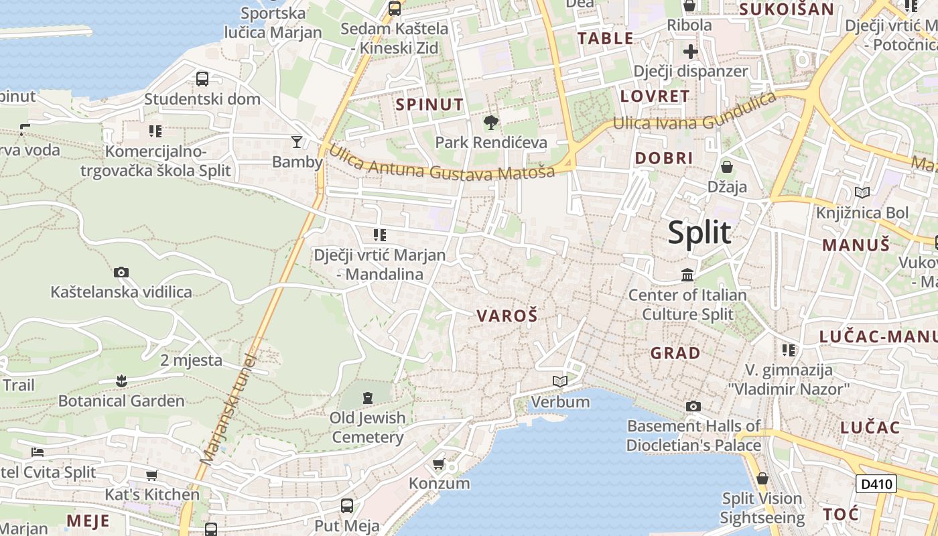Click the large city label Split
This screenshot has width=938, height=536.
tap(699, 232)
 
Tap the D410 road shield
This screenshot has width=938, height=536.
tap(876, 484)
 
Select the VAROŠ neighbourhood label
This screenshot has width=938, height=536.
tap(507, 316)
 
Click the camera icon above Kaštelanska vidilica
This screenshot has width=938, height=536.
tap(121, 272)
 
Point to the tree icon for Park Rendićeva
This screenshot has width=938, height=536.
tap(491, 123)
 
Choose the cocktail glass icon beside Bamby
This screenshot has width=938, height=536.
tap(297, 141)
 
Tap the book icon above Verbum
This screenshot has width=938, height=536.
tap(560, 381)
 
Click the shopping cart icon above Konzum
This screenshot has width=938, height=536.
tap(439, 464)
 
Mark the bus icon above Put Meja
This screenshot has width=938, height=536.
tap(347, 505)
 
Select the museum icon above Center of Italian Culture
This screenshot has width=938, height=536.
tap(687, 275)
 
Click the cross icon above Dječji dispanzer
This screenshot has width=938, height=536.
tap(691, 52)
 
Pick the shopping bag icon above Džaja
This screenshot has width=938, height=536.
tap(727, 167)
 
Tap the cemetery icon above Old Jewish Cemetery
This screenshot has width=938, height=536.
tap(367, 398)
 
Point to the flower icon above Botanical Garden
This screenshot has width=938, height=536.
tap(121, 381)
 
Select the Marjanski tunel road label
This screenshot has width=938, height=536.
tap(228, 409)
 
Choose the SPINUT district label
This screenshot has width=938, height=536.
tap(429, 105)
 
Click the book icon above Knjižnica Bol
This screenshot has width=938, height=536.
tap(862, 193)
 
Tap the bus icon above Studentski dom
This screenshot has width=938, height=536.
tap(202, 79)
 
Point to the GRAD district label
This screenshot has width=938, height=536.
tap(675, 353)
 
